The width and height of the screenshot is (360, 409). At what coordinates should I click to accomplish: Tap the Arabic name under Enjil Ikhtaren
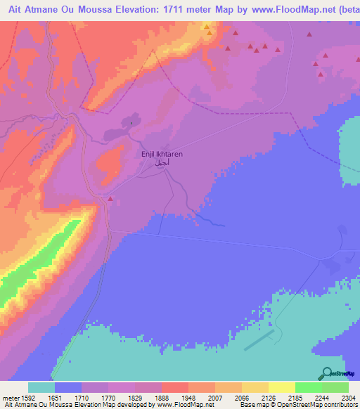[x=157, y=162]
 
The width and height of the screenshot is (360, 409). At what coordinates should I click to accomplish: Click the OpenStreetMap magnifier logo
[x=327, y=373]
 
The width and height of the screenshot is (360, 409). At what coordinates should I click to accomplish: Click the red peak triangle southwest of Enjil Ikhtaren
[x=110, y=199]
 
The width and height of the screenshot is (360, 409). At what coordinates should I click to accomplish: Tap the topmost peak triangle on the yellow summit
[x=206, y=26]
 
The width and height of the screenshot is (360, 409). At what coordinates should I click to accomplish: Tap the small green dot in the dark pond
[x=131, y=121]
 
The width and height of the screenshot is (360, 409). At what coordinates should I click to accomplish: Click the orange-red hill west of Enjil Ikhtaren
[x=108, y=163]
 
